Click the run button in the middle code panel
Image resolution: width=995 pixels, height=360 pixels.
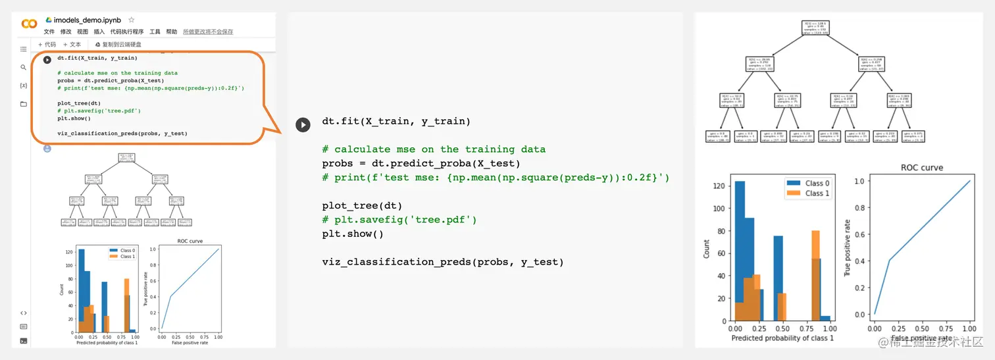coord(303,124)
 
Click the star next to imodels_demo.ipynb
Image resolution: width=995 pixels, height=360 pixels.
coord(131,20)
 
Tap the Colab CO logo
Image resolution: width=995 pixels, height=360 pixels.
coord(29,24)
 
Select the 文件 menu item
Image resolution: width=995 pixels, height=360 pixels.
coord(49,32)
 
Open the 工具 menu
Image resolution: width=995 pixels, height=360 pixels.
coord(155,32)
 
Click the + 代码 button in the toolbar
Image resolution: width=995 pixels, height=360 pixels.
coord(47,45)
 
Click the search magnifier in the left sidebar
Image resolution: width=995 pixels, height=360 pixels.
coord(24,67)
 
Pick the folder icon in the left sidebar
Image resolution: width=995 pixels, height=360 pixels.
coord(24,104)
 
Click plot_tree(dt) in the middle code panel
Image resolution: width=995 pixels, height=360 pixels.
coord(362,206)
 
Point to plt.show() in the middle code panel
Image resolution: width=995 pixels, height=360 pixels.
coord(353,234)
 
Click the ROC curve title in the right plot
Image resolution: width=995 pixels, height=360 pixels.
coord(921,168)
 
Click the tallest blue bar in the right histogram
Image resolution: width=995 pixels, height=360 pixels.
coord(740,250)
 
